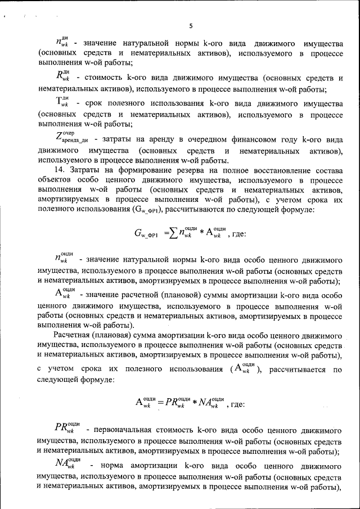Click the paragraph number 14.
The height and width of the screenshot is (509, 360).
click(58, 170)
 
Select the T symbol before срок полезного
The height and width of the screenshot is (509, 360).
click(62, 103)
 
